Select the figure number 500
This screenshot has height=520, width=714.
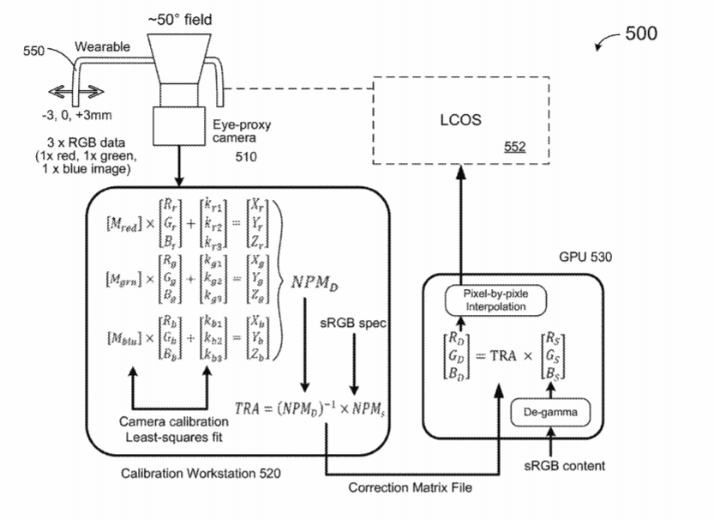[641, 33]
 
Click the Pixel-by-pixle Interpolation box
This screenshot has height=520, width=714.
[498, 299]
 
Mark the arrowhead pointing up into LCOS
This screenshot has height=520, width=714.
[460, 173]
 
